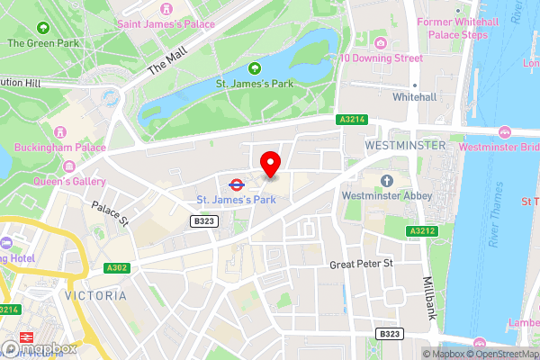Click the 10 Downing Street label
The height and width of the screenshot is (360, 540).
pyautogui.click(x=381, y=58)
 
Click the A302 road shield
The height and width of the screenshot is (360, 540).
pyautogui.click(x=115, y=267)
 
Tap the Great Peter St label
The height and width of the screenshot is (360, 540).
pyautogui.click(x=363, y=264)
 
